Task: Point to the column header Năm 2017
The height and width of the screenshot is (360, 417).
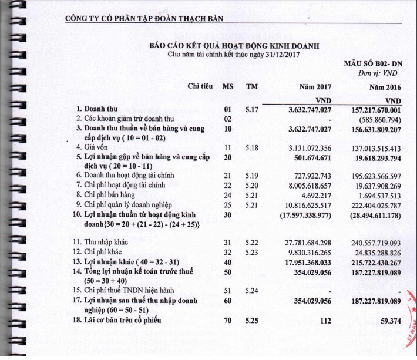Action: (x=316, y=87)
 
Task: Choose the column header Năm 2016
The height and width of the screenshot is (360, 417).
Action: (x=385, y=87)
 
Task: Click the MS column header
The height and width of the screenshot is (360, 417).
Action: (x=228, y=87)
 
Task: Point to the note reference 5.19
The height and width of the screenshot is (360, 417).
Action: (x=251, y=176)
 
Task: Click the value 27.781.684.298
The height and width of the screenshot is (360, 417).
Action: (x=304, y=242)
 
